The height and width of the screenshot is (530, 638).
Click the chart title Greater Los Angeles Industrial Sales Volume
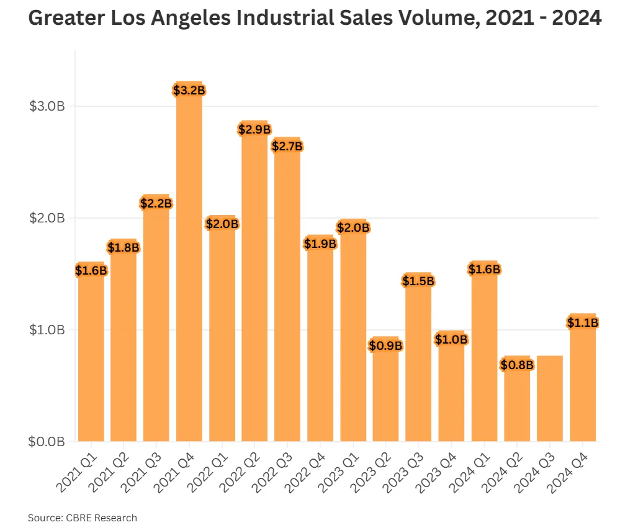[315, 19]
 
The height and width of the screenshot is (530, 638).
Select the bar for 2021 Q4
[189, 267]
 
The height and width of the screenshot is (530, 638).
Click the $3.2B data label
[189, 91]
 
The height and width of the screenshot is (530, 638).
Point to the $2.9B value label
[254, 130]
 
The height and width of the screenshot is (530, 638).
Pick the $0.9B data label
[385, 345]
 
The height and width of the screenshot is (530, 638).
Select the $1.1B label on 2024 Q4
[582, 323]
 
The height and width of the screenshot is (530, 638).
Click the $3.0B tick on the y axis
[47, 106]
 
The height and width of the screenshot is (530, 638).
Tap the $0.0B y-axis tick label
[47, 442]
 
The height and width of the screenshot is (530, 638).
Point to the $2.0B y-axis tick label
[47, 218]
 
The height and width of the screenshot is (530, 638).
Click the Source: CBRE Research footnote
[83, 518]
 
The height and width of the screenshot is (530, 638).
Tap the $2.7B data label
[287, 147]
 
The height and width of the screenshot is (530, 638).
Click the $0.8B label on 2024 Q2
[517, 365]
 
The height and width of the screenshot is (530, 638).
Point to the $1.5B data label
[418, 281]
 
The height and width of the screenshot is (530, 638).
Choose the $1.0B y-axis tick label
[47, 330]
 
